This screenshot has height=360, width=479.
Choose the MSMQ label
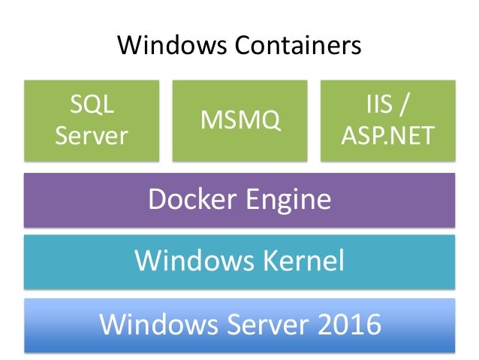tap(239, 120)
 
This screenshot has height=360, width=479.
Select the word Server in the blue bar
tap(255, 325)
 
